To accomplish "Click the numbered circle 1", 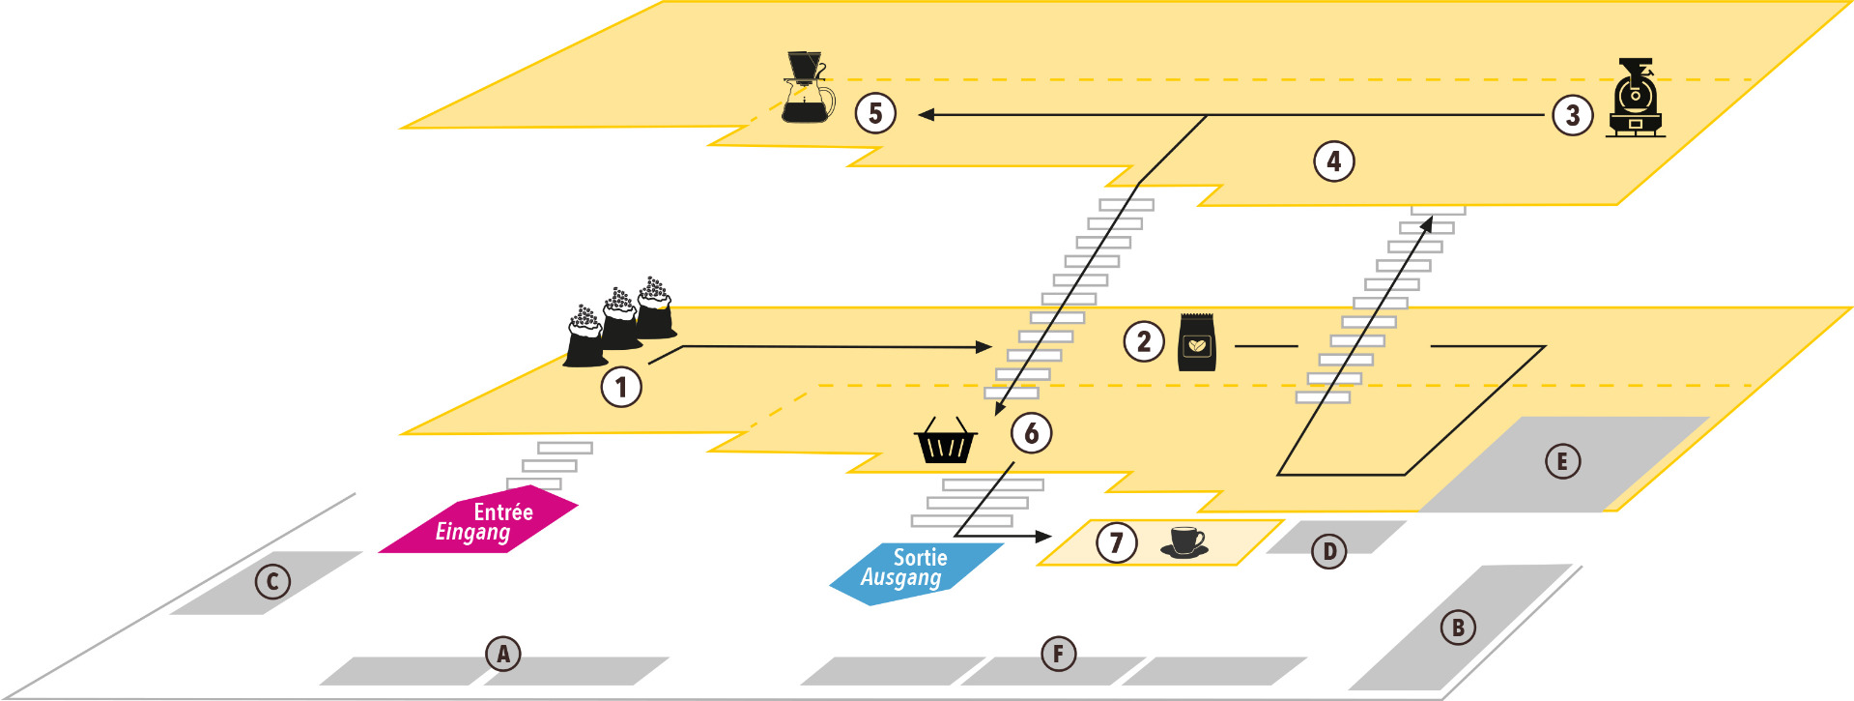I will click(621, 387).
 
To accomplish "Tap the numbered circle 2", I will click(1144, 341).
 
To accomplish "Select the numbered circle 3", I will click(1573, 115).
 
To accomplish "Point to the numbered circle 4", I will click(1334, 161).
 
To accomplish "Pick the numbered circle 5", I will click(875, 113).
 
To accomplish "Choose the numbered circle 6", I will click(1032, 432).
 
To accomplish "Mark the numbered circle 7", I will click(1116, 542).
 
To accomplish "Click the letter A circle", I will click(502, 655).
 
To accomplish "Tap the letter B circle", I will click(1458, 628).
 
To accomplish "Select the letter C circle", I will click(272, 581).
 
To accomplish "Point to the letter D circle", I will click(1329, 551).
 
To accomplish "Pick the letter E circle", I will click(1562, 461).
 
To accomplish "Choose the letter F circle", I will click(1059, 655).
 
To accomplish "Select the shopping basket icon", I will click(946, 442).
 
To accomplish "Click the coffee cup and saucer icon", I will click(1185, 542).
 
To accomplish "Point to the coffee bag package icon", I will click(1197, 342).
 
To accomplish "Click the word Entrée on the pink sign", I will click(503, 512).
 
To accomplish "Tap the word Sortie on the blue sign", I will click(920, 558).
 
